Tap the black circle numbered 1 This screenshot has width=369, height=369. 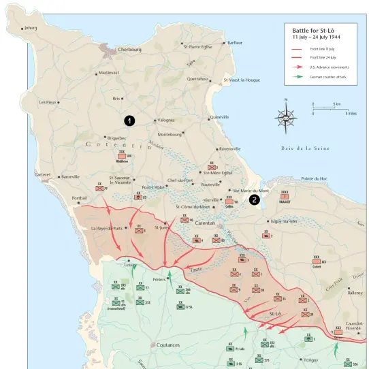pyautogui.click(x=129, y=120)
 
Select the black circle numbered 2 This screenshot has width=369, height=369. pyautogui.click(x=254, y=199)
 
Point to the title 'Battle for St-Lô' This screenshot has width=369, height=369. pyautogui.click(x=314, y=31)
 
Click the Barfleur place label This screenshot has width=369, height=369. pyautogui.click(x=235, y=43)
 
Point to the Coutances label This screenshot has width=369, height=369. pyautogui.click(x=167, y=345)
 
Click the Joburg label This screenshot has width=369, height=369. pyautogui.click(x=30, y=28)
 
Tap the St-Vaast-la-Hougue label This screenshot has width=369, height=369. pyautogui.click(x=242, y=80)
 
